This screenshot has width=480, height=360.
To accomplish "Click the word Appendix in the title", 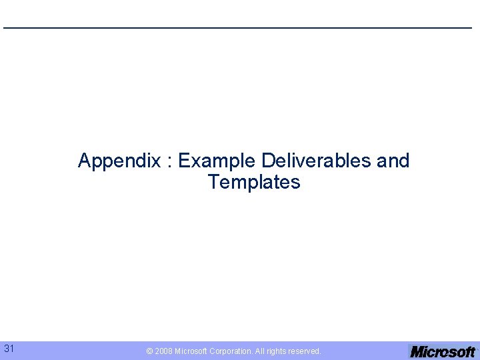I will click(119, 161).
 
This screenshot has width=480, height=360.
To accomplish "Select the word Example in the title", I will click(217, 161).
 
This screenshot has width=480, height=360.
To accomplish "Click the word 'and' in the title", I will click(393, 161).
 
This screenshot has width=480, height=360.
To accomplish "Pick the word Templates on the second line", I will click(253, 182).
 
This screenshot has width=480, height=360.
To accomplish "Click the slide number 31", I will click(9, 348).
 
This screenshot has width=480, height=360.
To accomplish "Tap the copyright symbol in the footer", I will click(149, 351).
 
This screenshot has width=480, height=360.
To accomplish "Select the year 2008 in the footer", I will click(163, 351).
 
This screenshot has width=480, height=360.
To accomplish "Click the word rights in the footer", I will click(278, 351).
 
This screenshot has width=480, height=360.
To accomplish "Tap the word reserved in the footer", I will click(305, 351).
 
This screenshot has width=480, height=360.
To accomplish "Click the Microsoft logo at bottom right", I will click(443, 351).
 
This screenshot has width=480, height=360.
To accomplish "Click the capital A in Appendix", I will click(84, 161).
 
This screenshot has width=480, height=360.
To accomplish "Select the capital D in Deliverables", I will click(268, 161).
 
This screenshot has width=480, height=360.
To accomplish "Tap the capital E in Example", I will click(184, 161).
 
